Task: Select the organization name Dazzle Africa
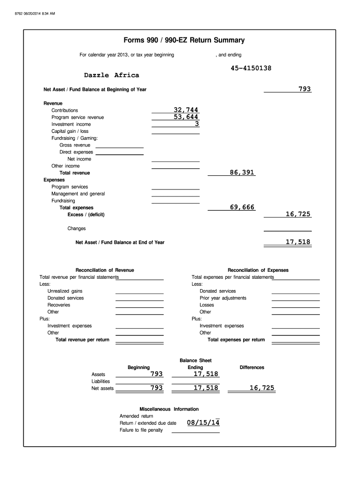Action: click(x=111, y=75)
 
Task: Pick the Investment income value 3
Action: click(x=197, y=124)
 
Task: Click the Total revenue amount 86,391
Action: click(x=242, y=173)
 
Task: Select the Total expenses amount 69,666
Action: click(x=242, y=207)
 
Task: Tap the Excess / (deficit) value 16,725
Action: click(x=298, y=214)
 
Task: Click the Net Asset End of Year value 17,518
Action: click(x=298, y=242)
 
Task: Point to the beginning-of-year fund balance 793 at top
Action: click(x=305, y=89)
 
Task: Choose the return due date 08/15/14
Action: click(x=203, y=423)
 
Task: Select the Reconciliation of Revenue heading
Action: click(x=105, y=270)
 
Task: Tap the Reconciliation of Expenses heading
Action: click(x=258, y=270)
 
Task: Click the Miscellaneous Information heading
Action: click(x=169, y=409)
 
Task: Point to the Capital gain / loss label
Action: click(x=70, y=131)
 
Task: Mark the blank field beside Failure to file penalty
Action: click(x=195, y=430)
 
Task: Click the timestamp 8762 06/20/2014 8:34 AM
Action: click(x=35, y=14)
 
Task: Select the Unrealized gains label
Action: click(x=65, y=291)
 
